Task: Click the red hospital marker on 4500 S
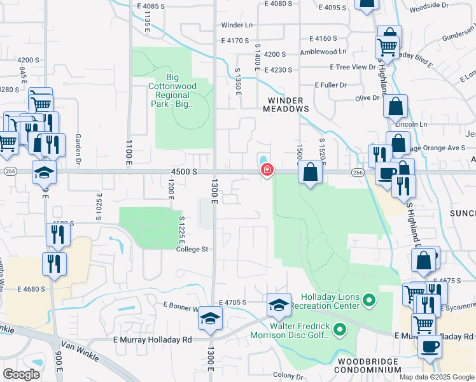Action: point(267,169)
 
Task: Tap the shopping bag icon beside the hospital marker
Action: point(310,173)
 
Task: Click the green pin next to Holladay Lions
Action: point(369,299)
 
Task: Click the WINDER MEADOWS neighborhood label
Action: point(286,105)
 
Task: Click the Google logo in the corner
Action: point(22,374)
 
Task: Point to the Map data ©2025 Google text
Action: point(437,377)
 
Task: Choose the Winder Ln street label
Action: point(237,25)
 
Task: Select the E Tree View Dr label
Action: point(353,67)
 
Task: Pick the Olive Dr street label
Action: point(367,98)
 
